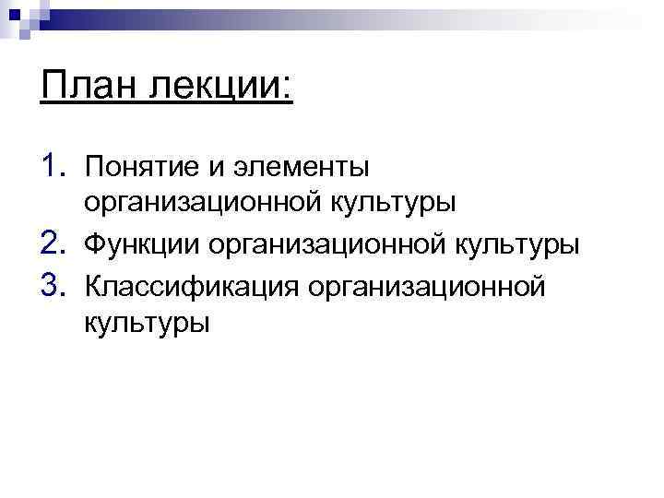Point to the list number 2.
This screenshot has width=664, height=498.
pyautogui.click(x=54, y=243)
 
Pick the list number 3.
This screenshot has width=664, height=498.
pyautogui.click(x=54, y=284)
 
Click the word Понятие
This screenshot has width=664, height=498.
pyautogui.click(x=142, y=168)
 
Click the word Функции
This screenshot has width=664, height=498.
pyautogui.click(x=141, y=245)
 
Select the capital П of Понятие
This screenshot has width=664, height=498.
pyautogui.click(x=93, y=167)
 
